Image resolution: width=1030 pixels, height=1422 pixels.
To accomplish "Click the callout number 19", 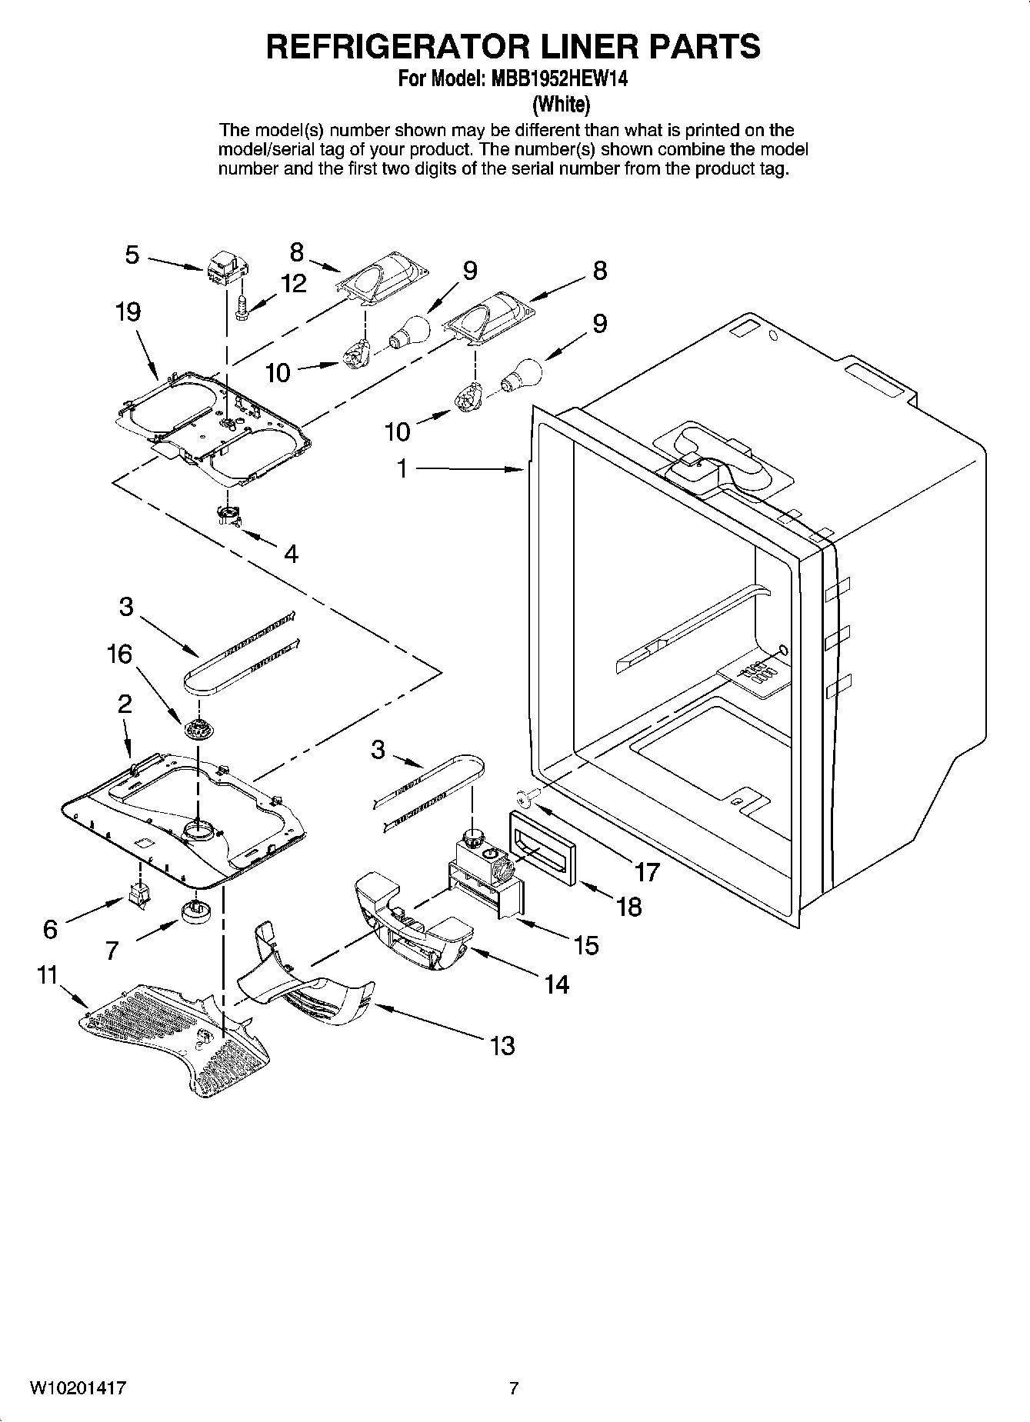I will click(128, 312).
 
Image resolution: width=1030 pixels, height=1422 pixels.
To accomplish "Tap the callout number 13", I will click(502, 1046).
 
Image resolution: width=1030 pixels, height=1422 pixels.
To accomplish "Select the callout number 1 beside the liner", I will click(402, 468).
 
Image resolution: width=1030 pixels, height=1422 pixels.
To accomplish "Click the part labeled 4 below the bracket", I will click(229, 517).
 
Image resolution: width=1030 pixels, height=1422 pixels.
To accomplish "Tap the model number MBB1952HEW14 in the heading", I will click(556, 79).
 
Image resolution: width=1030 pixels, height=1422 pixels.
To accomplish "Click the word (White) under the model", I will click(562, 104).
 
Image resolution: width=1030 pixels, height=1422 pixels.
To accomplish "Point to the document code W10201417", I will click(78, 1388).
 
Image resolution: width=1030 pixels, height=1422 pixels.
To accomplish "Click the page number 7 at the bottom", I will click(514, 1388).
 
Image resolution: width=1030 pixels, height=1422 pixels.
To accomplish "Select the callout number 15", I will click(586, 945).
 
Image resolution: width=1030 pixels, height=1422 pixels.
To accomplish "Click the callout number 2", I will click(125, 704).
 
